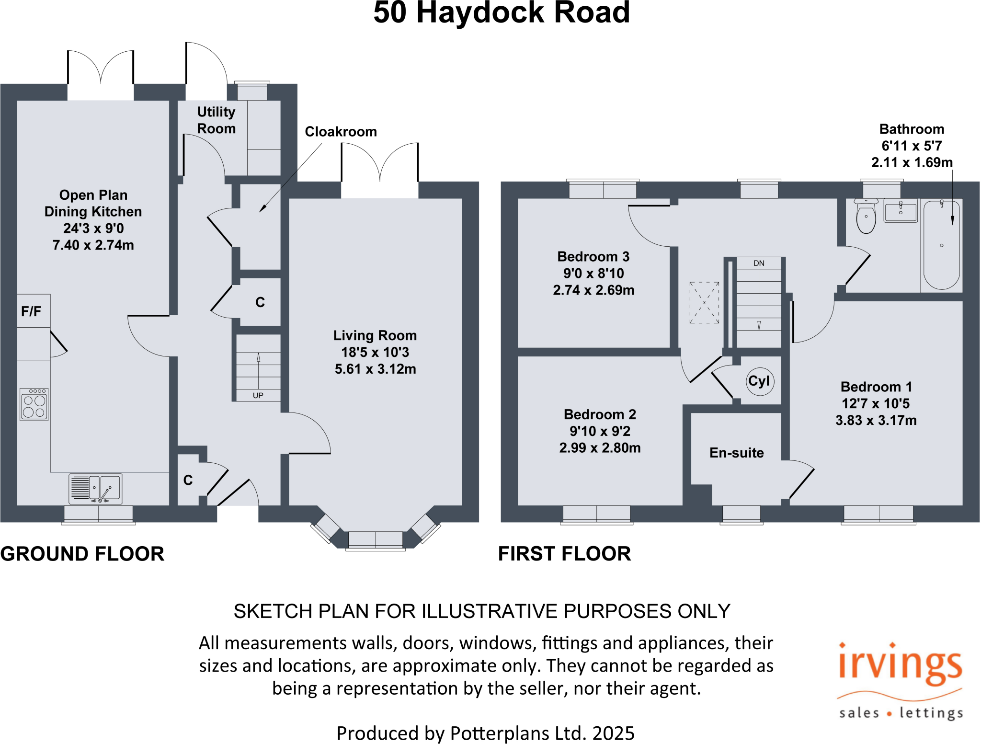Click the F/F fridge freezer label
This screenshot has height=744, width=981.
(31, 312)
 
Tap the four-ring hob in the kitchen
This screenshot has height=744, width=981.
(34, 404)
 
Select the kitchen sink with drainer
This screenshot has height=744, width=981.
(95, 489)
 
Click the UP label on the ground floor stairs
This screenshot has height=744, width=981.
(258, 396)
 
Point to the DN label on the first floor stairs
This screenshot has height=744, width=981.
(759, 263)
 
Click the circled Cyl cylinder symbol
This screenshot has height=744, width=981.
(760, 381)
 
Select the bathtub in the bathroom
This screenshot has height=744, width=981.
(941, 245)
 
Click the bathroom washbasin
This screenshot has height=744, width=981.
(901, 211)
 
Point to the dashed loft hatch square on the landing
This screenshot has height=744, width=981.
(704, 303)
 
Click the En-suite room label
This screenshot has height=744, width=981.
(737, 453)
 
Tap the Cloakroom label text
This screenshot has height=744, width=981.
(341, 132)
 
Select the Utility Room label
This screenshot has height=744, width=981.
(217, 120)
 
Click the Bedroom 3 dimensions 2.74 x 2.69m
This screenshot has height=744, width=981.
(593, 290)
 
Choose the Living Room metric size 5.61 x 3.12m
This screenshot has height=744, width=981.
(375, 369)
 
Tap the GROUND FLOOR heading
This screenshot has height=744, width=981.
(82, 554)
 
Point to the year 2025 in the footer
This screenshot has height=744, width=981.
(613, 733)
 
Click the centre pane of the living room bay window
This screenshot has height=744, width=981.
(376, 540)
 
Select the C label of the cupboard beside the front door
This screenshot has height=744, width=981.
(188, 481)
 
